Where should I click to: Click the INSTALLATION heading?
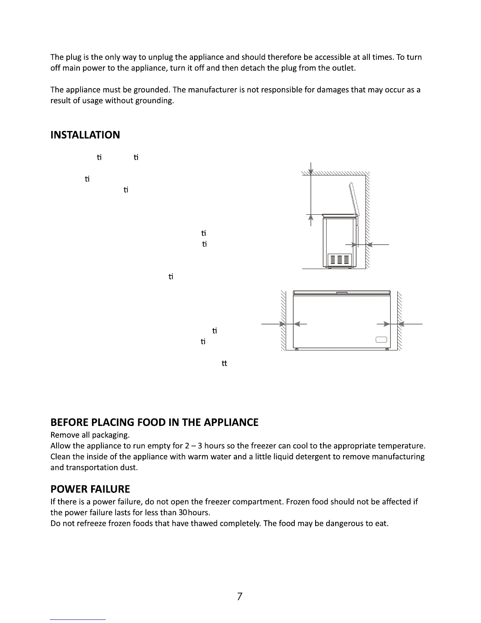click(x=85, y=135)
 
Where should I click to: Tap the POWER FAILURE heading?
click(x=90, y=489)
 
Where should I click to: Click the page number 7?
click(x=240, y=597)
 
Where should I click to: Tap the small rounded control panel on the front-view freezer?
click(x=381, y=340)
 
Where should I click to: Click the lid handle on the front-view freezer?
click(x=342, y=292)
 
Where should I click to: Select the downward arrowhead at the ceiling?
click(x=311, y=172)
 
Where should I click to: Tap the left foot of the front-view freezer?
click(x=297, y=349)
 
